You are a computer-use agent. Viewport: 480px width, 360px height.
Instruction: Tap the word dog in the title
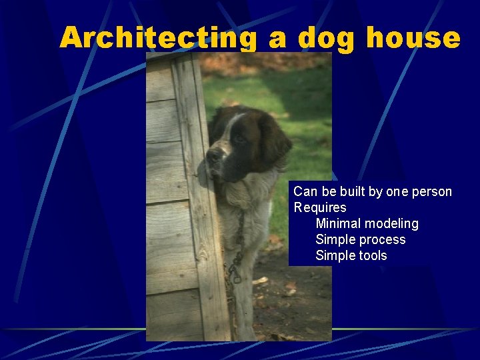(x=327, y=38)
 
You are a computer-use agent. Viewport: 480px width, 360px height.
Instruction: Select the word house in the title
(x=413, y=38)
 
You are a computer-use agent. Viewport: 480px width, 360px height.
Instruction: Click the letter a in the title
(x=279, y=39)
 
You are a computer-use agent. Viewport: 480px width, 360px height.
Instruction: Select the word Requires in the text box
(x=320, y=208)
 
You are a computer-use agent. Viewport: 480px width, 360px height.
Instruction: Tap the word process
(x=384, y=240)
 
